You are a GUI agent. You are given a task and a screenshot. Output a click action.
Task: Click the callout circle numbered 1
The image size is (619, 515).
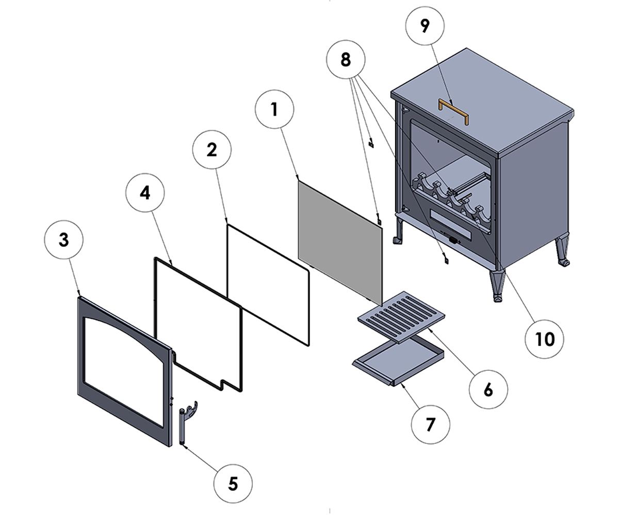click(274, 109)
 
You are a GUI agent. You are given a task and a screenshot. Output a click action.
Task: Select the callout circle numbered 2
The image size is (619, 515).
click(211, 149)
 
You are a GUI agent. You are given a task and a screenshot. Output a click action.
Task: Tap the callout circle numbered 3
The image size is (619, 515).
click(63, 240)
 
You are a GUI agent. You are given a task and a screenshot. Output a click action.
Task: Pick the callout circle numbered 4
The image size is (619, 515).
click(145, 193)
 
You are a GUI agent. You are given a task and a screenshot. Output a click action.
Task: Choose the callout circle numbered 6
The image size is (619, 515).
click(488, 389)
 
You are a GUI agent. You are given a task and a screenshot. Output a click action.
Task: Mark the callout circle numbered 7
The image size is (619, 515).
click(430, 424)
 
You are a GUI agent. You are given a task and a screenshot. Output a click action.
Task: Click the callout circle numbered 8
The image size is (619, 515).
click(346, 60)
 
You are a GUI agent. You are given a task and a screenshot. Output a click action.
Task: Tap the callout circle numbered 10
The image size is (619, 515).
click(544, 339)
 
